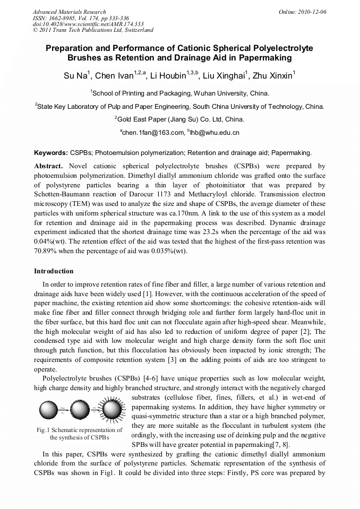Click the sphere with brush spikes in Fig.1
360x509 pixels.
(x=112, y=410)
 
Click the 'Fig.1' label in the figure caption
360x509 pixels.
(x=45, y=430)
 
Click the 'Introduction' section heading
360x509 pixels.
(x=54, y=271)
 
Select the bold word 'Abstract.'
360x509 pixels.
(x=49, y=166)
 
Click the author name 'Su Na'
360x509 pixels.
(x=75, y=76)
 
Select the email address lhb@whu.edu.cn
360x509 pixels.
(x=215, y=132)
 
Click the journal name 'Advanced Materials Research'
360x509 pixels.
(x=69, y=12)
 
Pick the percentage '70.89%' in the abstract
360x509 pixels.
(x=46, y=251)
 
